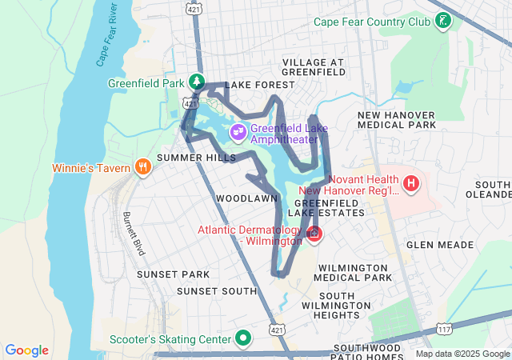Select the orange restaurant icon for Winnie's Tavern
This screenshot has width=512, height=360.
(143, 167)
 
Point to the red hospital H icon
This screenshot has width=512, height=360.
(411, 185)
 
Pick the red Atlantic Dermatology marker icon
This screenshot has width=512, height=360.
(314, 234)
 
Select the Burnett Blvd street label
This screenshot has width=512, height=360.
(133, 234)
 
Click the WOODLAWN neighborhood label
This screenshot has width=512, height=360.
(246, 197)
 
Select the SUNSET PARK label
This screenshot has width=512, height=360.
(173, 274)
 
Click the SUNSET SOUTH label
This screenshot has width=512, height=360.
(216, 291)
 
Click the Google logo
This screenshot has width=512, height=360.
(26, 350)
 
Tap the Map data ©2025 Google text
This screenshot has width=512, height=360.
(462, 354)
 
